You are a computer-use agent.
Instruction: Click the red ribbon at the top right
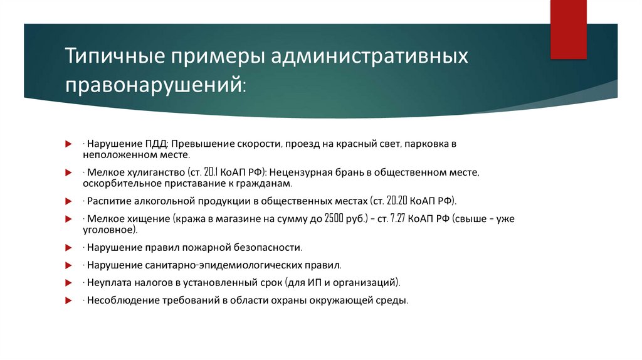(x=568, y=29)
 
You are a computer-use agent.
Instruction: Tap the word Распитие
(x=108, y=201)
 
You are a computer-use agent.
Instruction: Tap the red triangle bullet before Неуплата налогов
(x=68, y=282)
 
